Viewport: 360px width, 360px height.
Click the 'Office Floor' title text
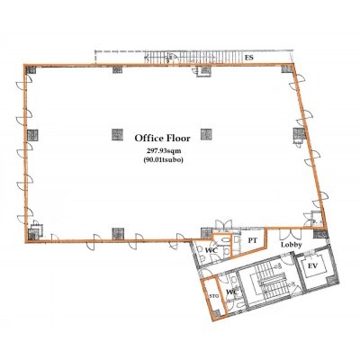tap(162, 139)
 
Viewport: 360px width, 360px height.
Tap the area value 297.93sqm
tap(163, 151)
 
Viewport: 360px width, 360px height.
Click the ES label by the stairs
tap(249, 58)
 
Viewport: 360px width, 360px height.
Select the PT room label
tap(253, 240)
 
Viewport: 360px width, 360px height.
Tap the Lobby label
tap(291, 245)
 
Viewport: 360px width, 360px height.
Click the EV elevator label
tap(313, 265)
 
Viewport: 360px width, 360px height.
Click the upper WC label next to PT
tap(211, 249)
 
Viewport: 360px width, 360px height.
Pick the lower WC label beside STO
tap(232, 292)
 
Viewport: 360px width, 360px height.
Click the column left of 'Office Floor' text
tap(117, 135)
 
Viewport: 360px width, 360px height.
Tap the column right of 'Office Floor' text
tap(206, 134)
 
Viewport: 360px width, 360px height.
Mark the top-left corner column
tap(31, 69)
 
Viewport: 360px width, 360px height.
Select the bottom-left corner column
tap(33, 234)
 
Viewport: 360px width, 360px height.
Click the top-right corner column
tap(287, 68)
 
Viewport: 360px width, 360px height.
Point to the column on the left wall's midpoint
tap(32, 135)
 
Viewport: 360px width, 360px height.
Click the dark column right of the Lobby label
tap(320, 233)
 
